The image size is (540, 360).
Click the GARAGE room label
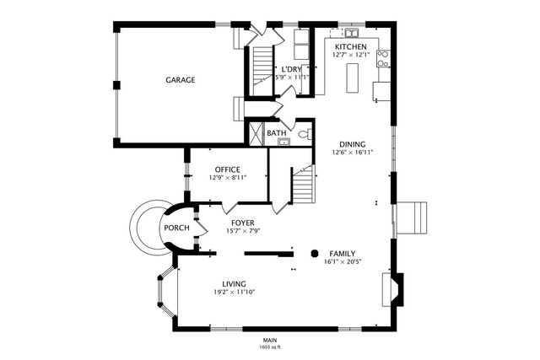point(180,80)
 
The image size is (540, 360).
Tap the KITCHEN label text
point(351,46)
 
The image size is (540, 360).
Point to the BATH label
point(277,133)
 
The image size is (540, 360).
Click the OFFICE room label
point(228,169)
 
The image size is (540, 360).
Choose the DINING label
point(353,144)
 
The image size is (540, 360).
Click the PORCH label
point(176,228)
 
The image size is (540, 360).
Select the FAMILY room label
point(342,253)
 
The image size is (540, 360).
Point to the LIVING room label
point(234,283)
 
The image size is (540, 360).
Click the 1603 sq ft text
point(270,347)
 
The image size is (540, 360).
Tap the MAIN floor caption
point(270,340)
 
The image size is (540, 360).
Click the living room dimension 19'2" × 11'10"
point(234,292)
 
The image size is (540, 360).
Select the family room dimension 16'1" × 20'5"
point(342,261)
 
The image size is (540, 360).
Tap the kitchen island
point(354,79)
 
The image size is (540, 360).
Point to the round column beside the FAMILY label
point(315,252)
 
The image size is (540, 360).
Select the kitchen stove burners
point(382,59)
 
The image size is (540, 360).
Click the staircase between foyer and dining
point(302,184)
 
